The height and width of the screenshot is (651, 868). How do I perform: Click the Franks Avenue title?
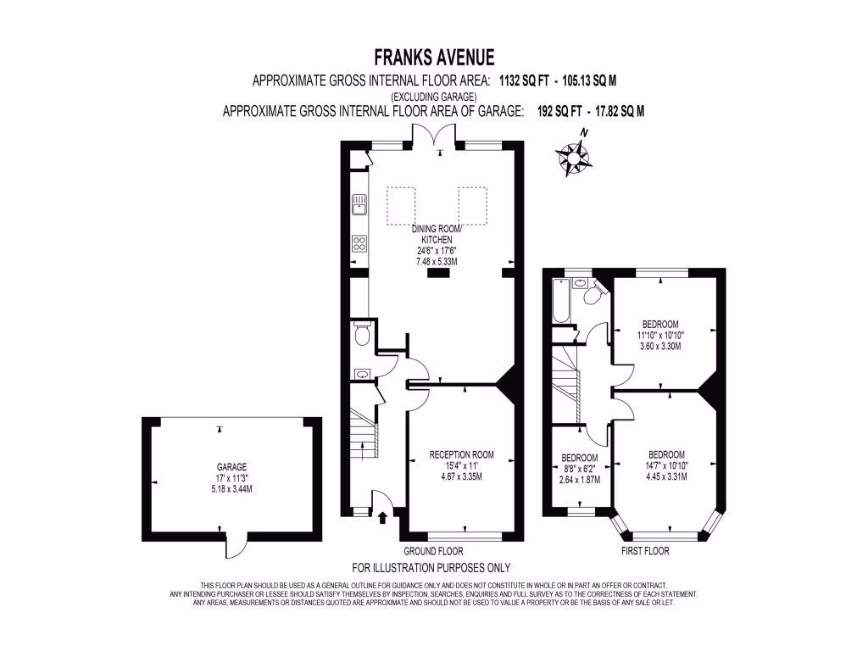[x=434, y=58]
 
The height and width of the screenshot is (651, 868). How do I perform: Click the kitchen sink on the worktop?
[x=359, y=204]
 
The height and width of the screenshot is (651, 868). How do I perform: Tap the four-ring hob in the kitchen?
[x=359, y=244]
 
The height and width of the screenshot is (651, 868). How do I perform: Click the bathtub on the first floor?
[x=560, y=302]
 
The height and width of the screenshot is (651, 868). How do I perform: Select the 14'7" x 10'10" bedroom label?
[x=667, y=465]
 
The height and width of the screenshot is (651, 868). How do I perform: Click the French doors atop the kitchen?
[x=437, y=141]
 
